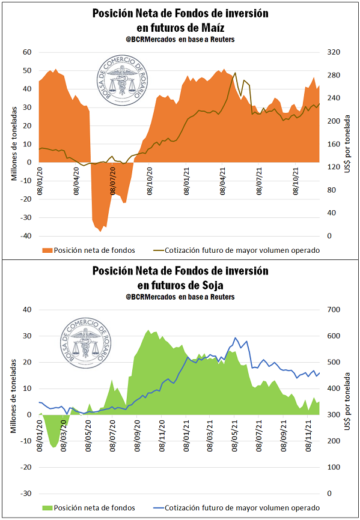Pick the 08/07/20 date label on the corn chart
[x=113, y=181]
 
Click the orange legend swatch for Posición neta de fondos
[x=47, y=250]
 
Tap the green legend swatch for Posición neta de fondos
[x=47, y=508]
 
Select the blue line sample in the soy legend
[x=157, y=508]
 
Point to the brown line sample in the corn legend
[x=157, y=250]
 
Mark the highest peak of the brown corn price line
[x=235, y=73]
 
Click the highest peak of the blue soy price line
[x=235, y=337]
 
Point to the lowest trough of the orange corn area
[x=100, y=231]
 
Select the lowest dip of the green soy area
[x=53, y=447]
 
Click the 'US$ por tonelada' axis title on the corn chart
[x=347, y=144]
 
